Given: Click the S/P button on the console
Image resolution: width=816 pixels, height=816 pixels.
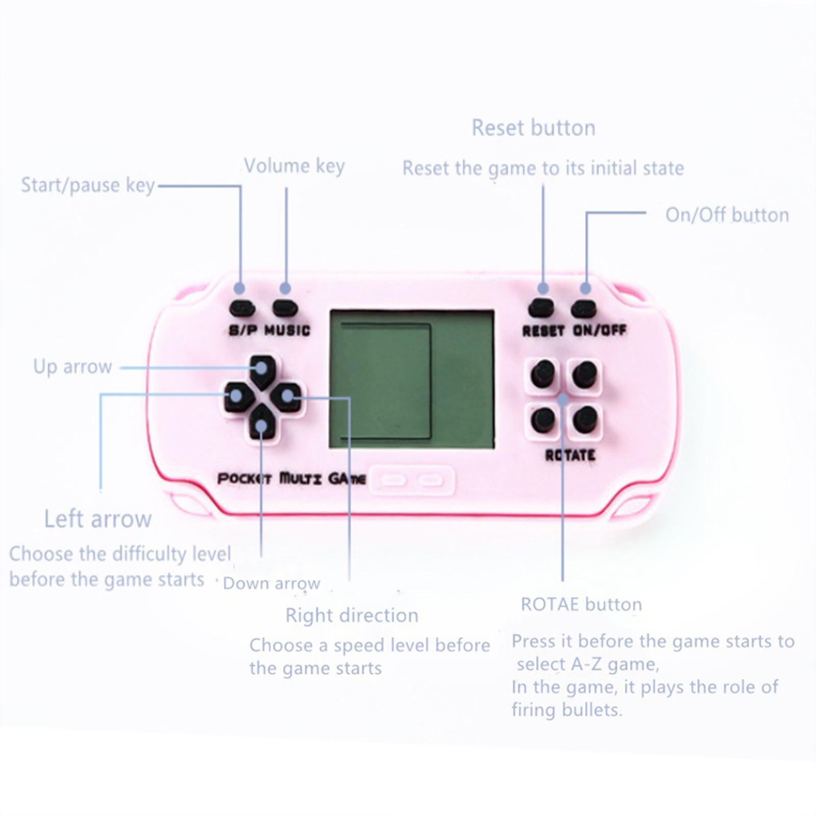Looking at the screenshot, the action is [242, 308].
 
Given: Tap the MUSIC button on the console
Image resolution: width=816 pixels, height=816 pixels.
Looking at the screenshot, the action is [285, 308].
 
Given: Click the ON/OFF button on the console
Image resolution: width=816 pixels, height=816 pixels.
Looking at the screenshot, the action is [584, 309].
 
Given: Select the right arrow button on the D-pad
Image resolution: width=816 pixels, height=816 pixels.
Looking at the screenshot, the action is [286, 397].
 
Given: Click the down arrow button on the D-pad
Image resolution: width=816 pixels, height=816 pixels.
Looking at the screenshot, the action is [262, 423].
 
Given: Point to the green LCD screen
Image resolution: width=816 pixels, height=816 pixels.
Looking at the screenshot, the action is [412, 379].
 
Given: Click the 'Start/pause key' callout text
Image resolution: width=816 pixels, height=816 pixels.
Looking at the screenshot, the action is [88, 185].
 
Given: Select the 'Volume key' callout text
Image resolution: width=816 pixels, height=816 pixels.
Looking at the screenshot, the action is [294, 166].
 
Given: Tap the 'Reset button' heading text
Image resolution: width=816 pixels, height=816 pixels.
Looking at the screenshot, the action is [533, 127].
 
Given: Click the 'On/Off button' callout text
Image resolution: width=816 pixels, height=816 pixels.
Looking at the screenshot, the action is [727, 215].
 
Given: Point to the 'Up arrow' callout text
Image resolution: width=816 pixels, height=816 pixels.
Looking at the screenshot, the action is [72, 367].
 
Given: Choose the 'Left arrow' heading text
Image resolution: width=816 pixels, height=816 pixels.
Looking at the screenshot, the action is [98, 519].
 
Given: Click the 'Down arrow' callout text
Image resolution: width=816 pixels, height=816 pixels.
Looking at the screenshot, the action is [271, 583].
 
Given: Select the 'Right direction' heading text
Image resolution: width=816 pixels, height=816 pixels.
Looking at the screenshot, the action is [352, 615].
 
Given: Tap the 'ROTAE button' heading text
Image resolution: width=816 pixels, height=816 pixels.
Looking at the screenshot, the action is [581, 604].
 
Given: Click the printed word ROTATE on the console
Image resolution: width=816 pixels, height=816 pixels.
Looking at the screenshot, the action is [570, 455].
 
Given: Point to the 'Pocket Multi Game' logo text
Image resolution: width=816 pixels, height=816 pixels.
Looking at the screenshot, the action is [292, 478].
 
